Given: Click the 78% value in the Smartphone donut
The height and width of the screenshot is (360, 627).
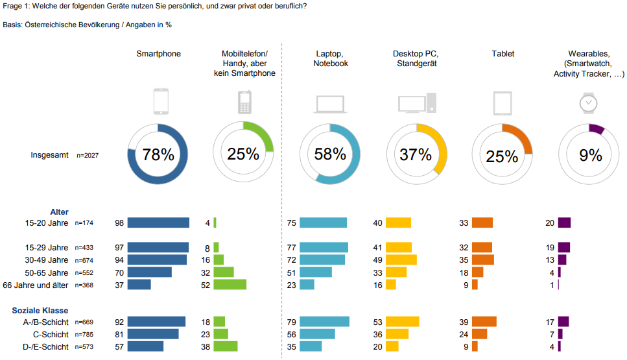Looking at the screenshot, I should [x=158, y=154].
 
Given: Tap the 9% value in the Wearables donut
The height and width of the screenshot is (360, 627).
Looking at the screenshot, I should [x=591, y=155].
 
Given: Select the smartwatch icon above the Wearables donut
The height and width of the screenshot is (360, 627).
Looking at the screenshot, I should [x=588, y=102].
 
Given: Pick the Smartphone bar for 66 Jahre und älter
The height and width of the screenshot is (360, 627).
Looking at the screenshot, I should [x=139, y=284].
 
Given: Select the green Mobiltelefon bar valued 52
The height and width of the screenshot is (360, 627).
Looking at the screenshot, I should [x=230, y=284].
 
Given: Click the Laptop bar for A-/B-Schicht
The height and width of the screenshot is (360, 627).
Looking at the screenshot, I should [x=325, y=322].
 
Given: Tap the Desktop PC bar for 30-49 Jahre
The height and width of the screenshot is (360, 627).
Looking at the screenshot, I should [x=401, y=259].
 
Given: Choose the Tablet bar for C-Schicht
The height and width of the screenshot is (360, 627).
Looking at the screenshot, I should [x=479, y=334].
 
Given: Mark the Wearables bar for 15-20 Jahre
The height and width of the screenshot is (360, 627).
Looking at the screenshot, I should [x=564, y=222].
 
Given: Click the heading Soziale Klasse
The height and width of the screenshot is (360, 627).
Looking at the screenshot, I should [x=40, y=311].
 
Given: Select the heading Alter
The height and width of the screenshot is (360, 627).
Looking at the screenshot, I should [x=60, y=211].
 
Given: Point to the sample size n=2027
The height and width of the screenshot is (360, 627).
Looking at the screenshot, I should [x=88, y=156].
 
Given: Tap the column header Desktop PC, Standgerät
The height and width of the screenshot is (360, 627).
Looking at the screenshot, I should [x=416, y=58].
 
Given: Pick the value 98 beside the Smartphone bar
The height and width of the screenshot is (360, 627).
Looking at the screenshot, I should [x=119, y=223].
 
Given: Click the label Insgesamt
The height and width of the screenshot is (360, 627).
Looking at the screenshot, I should [x=50, y=156].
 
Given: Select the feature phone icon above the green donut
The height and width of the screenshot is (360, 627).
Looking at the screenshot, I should [x=244, y=102].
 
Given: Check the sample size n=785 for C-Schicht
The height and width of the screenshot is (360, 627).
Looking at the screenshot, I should [x=84, y=335].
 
